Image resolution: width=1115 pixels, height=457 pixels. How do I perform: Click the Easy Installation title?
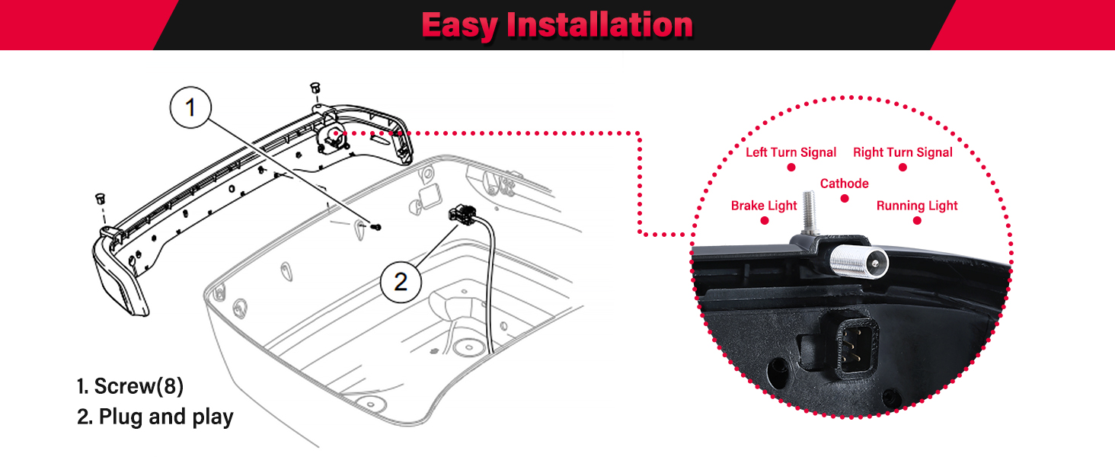tap(557, 25)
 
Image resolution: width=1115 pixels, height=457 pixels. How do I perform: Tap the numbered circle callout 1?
tap(190, 108)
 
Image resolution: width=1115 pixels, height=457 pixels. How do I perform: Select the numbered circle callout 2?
tap(401, 281)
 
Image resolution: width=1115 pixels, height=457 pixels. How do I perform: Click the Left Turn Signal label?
tap(791, 152)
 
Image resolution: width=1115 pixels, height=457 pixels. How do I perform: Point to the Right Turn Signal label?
tap(903, 152)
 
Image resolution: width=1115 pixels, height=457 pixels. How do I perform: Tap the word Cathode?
tap(844, 184)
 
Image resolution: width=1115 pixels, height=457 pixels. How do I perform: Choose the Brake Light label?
tap(764, 206)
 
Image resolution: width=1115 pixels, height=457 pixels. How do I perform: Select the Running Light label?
tap(917, 206)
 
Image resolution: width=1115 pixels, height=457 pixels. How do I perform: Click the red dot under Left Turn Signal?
tap(791, 167)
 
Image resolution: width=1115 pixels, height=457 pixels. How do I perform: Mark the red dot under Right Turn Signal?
tap(903, 167)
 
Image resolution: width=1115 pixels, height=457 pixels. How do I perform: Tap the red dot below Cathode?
tap(844, 198)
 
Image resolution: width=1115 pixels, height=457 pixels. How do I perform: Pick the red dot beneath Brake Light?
tap(764, 220)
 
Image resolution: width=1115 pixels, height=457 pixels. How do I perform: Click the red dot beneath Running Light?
tap(917, 220)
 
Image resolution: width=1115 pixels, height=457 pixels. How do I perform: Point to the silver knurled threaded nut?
tap(857, 264)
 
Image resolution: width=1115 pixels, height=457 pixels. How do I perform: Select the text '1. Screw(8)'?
tap(130, 386)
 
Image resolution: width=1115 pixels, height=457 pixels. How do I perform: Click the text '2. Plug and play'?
tap(155, 417)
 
